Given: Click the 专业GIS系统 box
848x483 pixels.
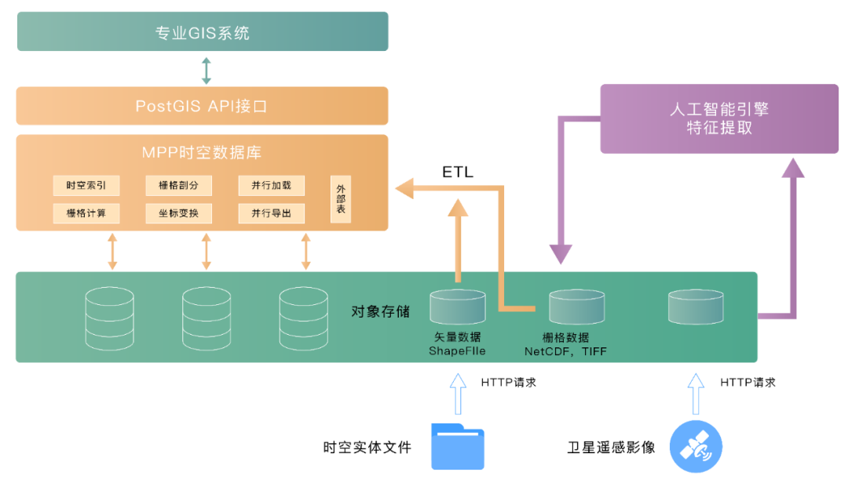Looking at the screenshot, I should pyautogui.click(x=203, y=33).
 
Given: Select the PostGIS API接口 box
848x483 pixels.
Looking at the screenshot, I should pyautogui.click(x=203, y=106).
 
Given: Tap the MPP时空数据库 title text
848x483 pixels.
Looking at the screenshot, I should pyautogui.click(x=203, y=153).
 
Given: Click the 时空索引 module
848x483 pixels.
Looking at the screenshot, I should pyautogui.click(x=86, y=186).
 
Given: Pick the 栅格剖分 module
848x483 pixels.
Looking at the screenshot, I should pyautogui.click(x=179, y=186).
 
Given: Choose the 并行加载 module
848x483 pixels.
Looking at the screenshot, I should pyautogui.click(x=272, y=186).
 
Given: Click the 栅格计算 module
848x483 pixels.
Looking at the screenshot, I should pyautogui.click(x=86, y=213).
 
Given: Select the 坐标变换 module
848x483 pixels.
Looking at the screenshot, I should pyautogui.click(x=179, y=213).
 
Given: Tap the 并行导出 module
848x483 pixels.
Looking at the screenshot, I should pyautogui.click(x=272, y=213).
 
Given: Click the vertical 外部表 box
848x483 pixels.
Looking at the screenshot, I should pyautogui.click(x=341, y=199).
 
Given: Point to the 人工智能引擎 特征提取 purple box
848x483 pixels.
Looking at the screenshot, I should pyautogui.click(x=719, y=119).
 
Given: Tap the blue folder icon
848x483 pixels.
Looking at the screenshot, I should pyautogui.click(x=458, y=446).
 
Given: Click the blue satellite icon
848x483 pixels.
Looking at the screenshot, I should pyautogui.click(x=696, y=446).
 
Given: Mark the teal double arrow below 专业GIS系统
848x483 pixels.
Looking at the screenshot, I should pyautogui.click(x=206, y=70).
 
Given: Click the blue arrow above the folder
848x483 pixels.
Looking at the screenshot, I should pyautogui.click(x=458, y=394).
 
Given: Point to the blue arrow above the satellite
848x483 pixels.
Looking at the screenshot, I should pyautogui.click(x=696, y=394).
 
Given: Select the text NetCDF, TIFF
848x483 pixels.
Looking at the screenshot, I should pyautogui.click(x=565, y=352).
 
